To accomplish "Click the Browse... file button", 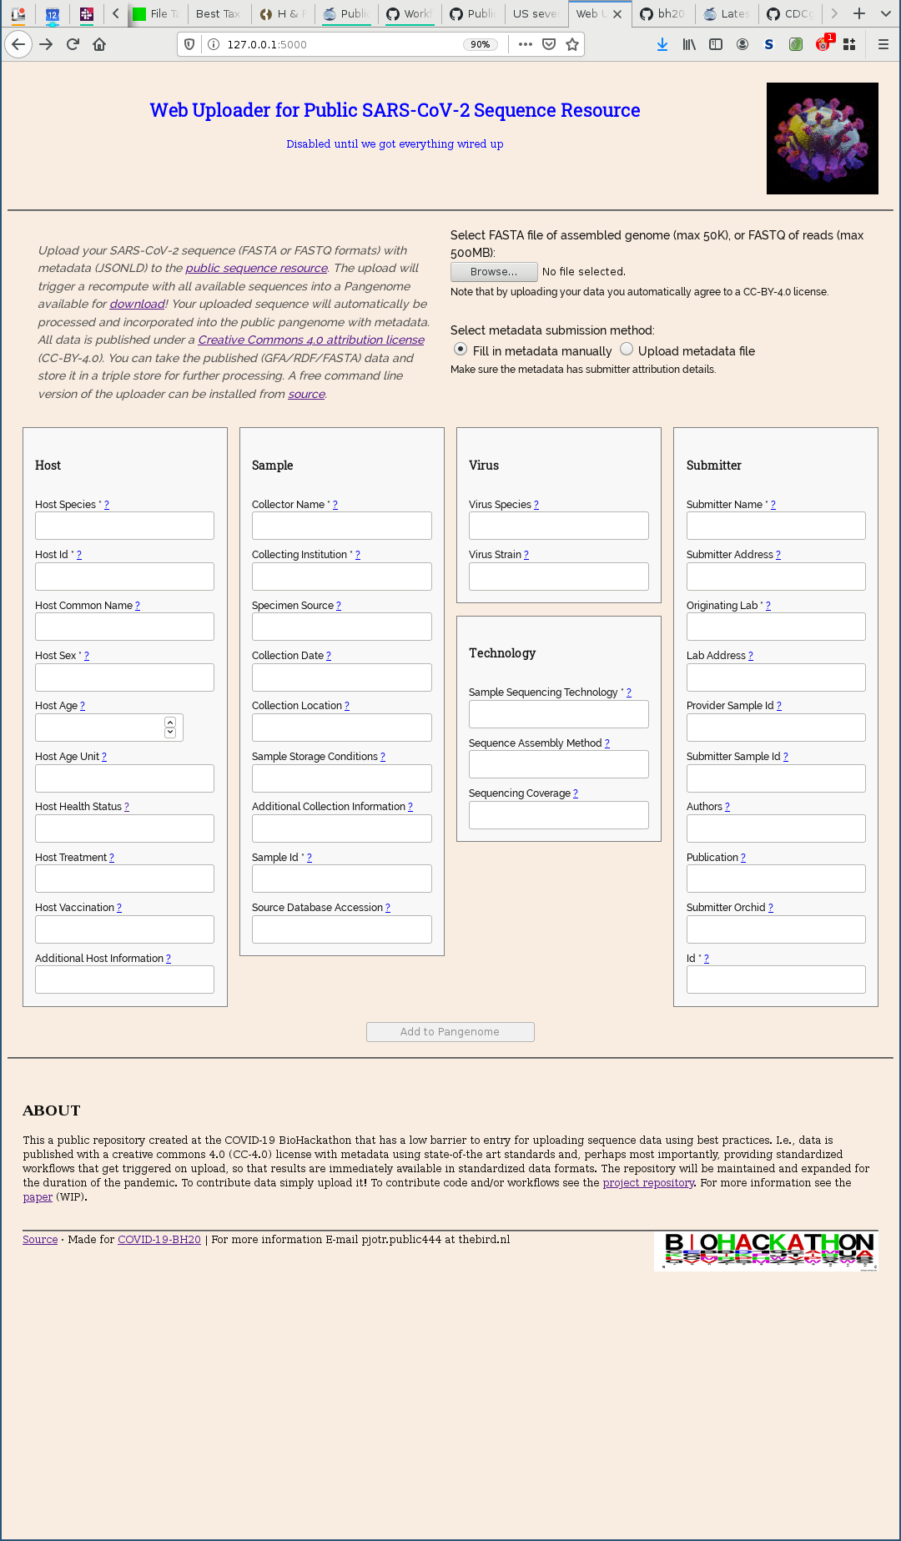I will tap(493, 272).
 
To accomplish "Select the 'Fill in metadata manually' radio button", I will tap(461, 350).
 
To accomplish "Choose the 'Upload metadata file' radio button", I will tap(627, 350).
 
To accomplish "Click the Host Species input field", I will tap(124, 526).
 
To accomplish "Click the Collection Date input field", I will tap(341, 677).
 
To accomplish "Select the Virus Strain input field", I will tap(558, 577).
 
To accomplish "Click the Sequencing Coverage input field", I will tap(558, 815).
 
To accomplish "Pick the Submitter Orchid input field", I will tap(775, 929).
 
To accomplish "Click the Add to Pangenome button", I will tap(450, 1032).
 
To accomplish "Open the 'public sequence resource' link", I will tap(256, 268).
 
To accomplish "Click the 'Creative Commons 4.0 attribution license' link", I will tap(311, 340).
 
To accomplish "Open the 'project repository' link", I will tap(648, 1183).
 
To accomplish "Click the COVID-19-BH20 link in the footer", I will tap(159, 1240).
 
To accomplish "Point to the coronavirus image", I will tap(822, 138).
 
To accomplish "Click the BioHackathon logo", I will tap(767, 1250).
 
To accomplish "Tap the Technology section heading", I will tap(502, 653).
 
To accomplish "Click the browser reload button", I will tap(73, 44).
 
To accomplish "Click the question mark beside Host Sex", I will tap(87, 656).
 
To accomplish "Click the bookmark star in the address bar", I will tap(572, 44).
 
